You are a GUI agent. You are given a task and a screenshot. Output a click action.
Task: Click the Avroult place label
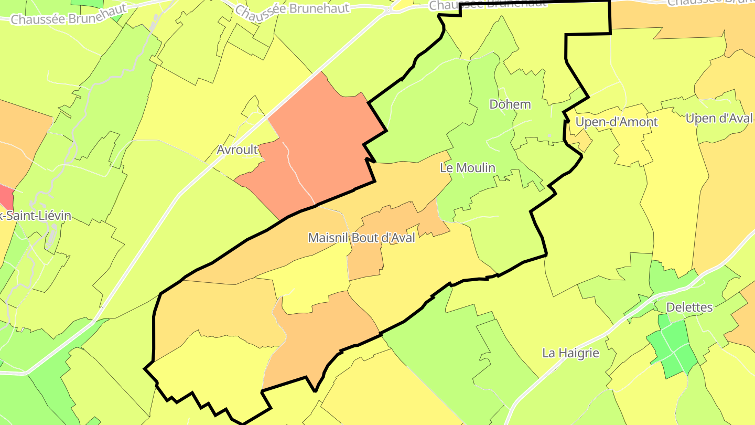[x=238, y=150]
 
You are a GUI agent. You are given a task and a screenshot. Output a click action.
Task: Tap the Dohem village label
[x=510, y=104]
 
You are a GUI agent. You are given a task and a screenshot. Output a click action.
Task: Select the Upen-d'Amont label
[x=616, y=122]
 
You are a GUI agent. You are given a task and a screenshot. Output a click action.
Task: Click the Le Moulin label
[x=468, y=168]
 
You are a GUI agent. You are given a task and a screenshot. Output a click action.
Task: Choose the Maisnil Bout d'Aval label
[x=362, y=238]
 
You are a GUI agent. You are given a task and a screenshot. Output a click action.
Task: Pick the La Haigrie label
[x=570, y=353]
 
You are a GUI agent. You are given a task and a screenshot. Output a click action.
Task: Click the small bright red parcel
[x=6, y=196]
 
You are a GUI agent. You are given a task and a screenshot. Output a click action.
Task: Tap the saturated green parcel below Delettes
[x=673, y=346]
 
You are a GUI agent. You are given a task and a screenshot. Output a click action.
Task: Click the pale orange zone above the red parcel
[x=21, y=136]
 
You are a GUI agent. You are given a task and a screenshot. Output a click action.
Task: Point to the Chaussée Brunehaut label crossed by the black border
[x=488, y=4]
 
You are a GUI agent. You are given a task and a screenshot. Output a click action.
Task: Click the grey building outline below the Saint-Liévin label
[x=52, y=236]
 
